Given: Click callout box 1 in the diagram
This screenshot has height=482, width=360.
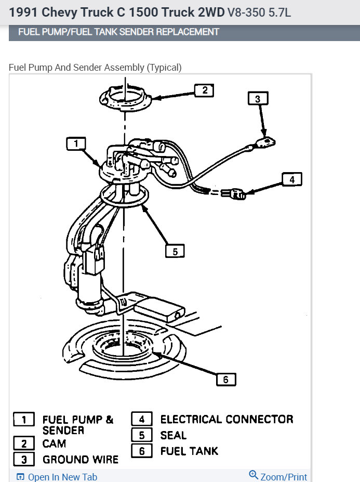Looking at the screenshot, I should click(76, 144).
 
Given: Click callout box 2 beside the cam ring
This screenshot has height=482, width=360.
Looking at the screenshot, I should click(204, 90).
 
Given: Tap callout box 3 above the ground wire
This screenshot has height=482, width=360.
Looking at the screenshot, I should click(258, 98).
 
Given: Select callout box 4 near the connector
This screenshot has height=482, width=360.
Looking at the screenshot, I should click(291, 180).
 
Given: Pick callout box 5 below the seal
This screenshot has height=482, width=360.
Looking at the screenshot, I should click(175, 251).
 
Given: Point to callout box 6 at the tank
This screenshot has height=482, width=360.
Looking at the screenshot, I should click(225, 380).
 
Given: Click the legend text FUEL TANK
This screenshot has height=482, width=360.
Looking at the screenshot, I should click(189, 451).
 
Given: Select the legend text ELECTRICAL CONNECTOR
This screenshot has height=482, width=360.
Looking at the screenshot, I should click(226, 419).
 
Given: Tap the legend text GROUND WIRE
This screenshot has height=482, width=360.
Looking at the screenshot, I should click(81, 460).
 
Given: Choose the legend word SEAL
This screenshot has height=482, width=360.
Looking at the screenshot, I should click(173, 435).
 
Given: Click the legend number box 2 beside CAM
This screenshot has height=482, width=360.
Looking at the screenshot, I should click(24, 444).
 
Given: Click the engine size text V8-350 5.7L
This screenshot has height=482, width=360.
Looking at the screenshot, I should click(259, 12).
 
